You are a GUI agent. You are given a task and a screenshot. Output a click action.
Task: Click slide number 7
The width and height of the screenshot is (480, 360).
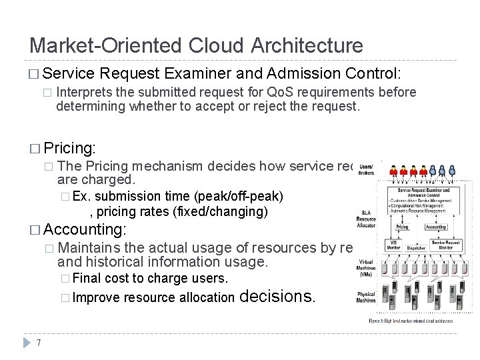(40, 343)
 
